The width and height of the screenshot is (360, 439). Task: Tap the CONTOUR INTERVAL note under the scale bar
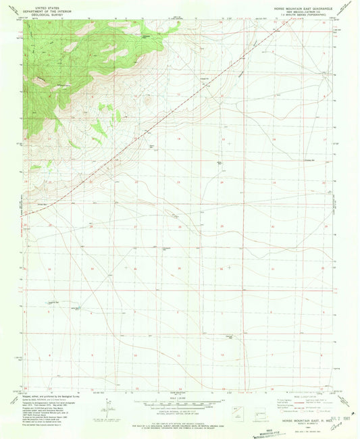coord(179,413)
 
